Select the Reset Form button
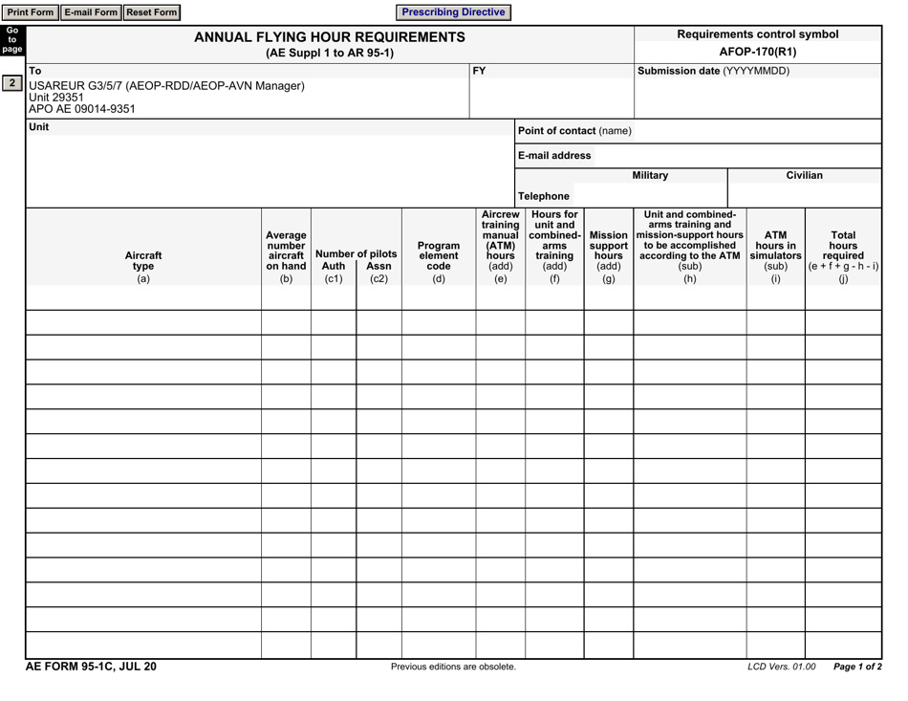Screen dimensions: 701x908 pos(151,12)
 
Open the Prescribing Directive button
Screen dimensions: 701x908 pos(453,12)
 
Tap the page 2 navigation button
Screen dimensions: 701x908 pos(11,83)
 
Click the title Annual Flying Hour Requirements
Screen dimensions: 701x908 pos(330,37)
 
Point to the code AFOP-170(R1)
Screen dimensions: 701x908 pos(757,52)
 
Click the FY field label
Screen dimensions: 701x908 pos(480,71)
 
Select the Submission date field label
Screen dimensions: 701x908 pos(713,71)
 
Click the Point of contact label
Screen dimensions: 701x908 pos(574,131)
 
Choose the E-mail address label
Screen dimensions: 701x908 pos(554,156)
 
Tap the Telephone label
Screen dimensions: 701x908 pos(544,196)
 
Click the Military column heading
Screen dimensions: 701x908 pos(650,176)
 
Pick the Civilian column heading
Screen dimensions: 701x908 pos(804,176)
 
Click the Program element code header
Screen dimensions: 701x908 pos(439,255)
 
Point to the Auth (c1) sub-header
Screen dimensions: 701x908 pos(333,273)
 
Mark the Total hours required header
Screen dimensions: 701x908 pos(843,255)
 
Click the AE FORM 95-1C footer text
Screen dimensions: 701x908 pos(91,667)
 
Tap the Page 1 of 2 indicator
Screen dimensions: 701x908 pos(857,667)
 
